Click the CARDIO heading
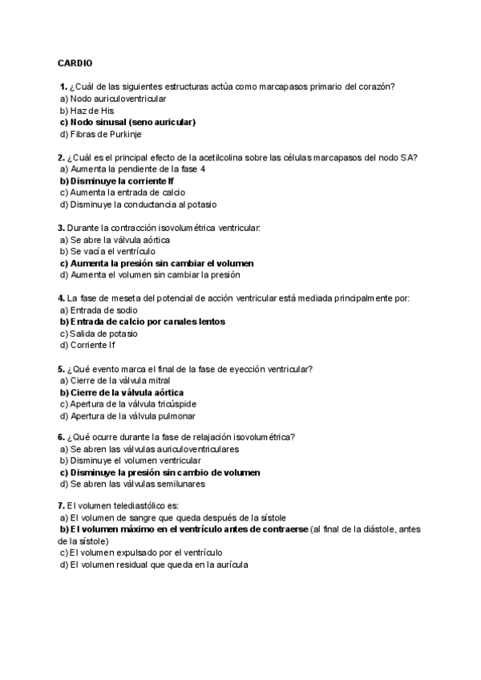point(75,63)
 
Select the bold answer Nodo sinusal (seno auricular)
point(128,122)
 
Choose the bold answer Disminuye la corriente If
point(117,181)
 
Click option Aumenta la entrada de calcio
point(123,192)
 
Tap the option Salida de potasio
point(99,334)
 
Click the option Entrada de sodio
point(99,310)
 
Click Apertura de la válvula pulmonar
point(127,416)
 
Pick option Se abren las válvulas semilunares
point(132,484)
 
